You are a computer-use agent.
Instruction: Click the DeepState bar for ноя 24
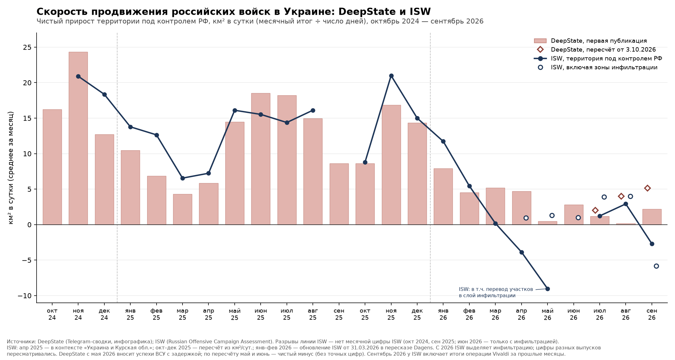(x=78, y=138)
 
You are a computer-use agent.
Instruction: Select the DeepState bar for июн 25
(x=261, y=159)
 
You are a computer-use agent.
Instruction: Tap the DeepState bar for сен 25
(x=339, y=194)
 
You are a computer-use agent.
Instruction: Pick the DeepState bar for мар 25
(x=182, y=209)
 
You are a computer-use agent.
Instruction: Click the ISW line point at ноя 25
(x=391, y=76)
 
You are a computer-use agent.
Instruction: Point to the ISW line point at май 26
(x=547, y=289)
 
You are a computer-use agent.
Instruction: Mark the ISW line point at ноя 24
(x=78, y=76)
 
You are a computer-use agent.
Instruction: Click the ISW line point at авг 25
(x=313, y=110)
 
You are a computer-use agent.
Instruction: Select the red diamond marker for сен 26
(x=647, y=188)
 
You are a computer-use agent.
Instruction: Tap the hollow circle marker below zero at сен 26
(x=656, y=266)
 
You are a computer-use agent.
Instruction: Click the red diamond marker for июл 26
(x=595, y=210)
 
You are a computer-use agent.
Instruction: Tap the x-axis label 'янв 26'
(x=443, y=314)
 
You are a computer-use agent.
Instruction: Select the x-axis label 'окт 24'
(x=52, y=314)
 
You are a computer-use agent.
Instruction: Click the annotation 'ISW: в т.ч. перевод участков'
(x=496, y=289)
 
